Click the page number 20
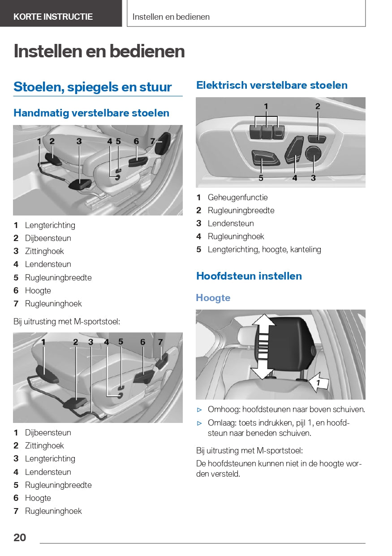20,538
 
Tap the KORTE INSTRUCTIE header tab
53,17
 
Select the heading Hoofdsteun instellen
249,276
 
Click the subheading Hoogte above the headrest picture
213,298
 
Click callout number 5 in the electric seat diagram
261,178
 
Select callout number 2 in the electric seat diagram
318,107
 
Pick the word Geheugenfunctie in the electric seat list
237,197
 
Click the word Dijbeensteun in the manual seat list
48,238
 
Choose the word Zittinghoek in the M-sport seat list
44,446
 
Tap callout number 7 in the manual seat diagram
153,141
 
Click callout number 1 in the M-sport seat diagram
43,342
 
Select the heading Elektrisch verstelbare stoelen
271,85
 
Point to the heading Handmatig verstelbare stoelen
91,113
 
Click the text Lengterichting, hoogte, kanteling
264,250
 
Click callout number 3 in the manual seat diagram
79,141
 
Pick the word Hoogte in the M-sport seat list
38,498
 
